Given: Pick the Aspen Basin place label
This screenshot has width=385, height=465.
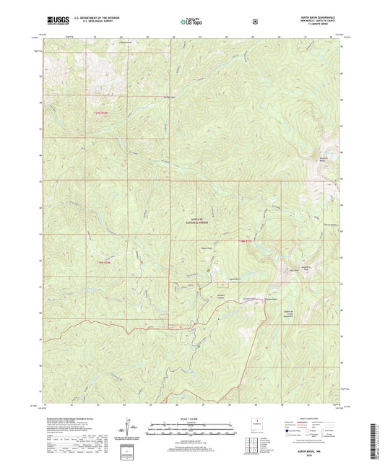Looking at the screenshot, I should click(x=214, y=279).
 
